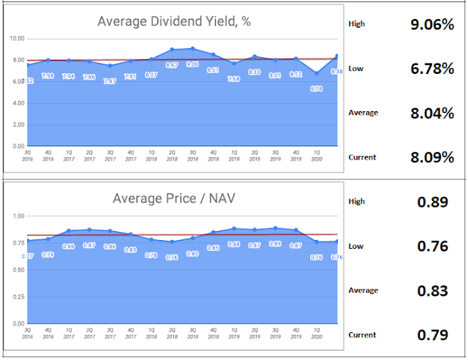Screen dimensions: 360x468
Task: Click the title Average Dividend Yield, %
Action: click(x=174, y=21)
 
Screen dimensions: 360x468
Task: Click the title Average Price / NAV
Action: click(x=174, y=198)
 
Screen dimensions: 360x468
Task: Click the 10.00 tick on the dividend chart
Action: click(x=18, y=38)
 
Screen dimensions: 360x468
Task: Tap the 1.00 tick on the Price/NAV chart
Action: click(x=19, y=216)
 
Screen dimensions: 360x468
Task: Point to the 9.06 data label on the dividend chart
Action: click(x=192, y=64)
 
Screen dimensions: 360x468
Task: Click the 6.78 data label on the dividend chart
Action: click(x=316, y=88)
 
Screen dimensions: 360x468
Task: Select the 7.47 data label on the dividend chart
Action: click(x=110, y=80)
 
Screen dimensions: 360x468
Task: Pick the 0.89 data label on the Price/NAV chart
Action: click(x=275, y=244)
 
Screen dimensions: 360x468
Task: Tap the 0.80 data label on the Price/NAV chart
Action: click(x=192, y=254)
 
